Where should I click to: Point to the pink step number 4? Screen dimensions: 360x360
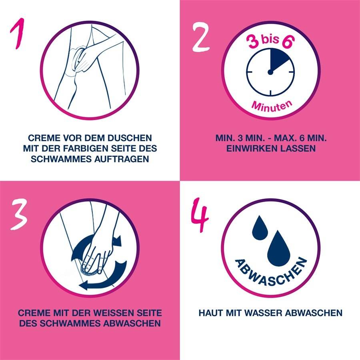coord(200,216)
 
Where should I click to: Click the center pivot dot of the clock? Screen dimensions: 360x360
coord(270,72)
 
